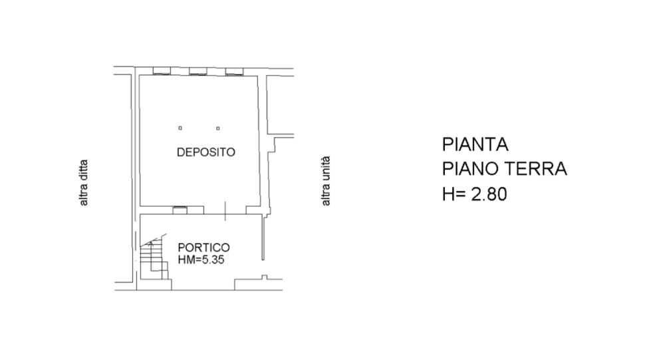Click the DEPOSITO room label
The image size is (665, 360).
pos(205,152)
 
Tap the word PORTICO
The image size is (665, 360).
pos(204,248)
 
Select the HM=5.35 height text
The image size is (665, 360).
pos(201,260)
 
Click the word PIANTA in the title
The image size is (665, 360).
pos(475,144)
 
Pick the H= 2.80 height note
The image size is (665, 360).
pos(475,194)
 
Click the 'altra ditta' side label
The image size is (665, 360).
pos(84,183)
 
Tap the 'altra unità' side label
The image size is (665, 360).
pos(326,181)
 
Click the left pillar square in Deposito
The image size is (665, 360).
pos(180,128)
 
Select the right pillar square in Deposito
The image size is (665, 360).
pos(218,128)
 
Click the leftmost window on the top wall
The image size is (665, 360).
pos(162,71)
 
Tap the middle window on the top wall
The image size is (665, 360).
pos(198,71)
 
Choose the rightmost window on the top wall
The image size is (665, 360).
pos(234,71)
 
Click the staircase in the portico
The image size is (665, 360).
pos(154,259)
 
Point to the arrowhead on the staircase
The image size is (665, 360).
pos(150,244)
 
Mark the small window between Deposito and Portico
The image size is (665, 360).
pos(180,210)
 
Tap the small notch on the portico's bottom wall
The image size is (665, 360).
pos(264,277)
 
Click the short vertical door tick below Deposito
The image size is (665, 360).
pos(225,211)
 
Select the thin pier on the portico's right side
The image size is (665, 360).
pos(263,238)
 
